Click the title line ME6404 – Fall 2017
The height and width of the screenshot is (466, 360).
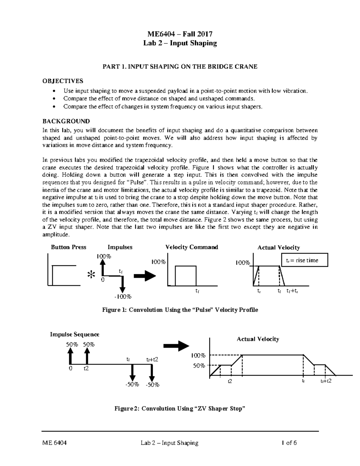click(x=180, y=34)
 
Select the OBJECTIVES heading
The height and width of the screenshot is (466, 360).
click(x=63, y=81)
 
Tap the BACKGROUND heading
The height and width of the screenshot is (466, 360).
click(x=66, y=121)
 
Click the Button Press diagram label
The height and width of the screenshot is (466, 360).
click(x=68, y=247)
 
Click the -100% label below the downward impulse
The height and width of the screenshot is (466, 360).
click(x=122, y=297)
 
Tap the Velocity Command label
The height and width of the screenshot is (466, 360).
click(x=192, y=247)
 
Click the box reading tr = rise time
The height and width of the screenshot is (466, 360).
click(x=304, y=260)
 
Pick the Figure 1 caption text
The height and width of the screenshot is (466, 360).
click(x=180, y=310)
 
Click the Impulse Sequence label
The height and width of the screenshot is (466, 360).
click(x=74, y=334)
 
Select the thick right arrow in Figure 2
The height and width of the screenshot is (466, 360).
click(x=175, y=346)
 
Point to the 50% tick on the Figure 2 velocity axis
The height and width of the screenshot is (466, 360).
click(x=199, y=366)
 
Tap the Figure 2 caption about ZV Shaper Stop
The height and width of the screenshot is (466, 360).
click(x=180, y=408)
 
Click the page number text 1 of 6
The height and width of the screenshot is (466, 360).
click(x=289, y=443)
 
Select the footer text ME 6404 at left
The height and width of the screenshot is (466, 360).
click(x=54, y=443)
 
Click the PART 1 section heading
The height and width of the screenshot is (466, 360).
click(x=180, y=67)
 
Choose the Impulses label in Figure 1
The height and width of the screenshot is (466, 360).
click(x=120, y=247)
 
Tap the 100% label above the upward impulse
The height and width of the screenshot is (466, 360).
click(x=103, y=257)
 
